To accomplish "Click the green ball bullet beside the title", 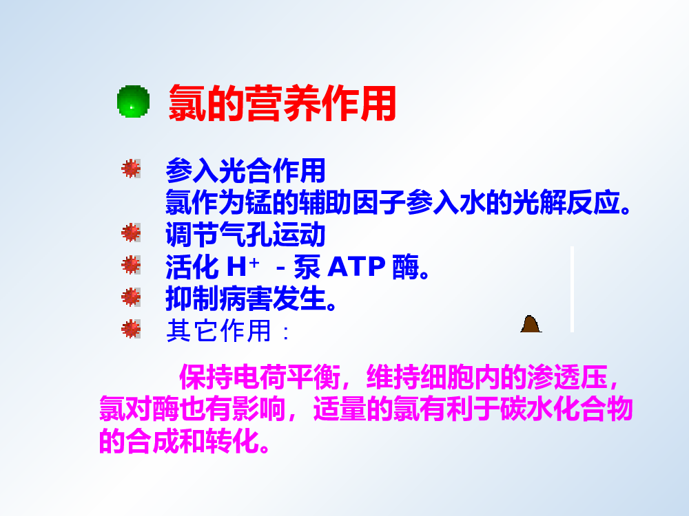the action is coord(133,101).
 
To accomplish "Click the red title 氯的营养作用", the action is coord(282,104).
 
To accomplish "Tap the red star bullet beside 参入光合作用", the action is coord(131,169).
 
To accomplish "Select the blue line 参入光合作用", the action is coord(246,171).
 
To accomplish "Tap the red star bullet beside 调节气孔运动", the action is coord(131,233).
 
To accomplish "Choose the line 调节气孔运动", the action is coord(246,235).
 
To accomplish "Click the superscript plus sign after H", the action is coord(254,262).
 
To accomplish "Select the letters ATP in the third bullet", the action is coord(357,267).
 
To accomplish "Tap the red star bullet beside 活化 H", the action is coord(131,265).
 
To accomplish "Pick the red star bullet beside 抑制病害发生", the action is coord(131,297).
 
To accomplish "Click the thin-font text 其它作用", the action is coord(219,331).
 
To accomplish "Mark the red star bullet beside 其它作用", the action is coord(131,329).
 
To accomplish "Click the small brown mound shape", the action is coord(531,324).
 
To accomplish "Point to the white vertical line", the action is coord(572,289).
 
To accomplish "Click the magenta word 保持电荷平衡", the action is coord(260,377).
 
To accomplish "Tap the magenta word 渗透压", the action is coord(567,377).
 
